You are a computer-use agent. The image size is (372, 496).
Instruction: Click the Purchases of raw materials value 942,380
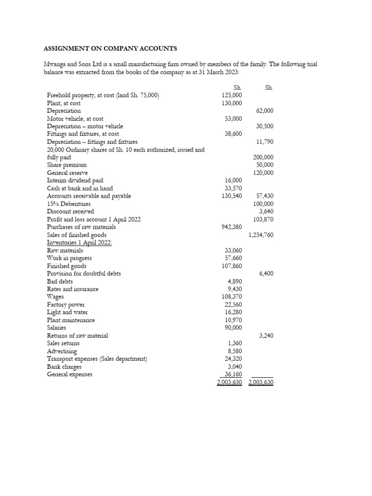(231, 227)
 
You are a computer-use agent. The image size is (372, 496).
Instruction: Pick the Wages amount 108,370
(231, 297)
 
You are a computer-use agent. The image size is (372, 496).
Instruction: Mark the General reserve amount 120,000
(263, 173)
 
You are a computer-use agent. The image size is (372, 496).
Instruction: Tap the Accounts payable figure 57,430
(264, 196)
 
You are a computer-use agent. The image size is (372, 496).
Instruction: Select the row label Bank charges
(64, 367)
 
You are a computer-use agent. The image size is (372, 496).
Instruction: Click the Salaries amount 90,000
(233, 328)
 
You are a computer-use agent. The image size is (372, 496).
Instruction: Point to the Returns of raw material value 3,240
(266, 336)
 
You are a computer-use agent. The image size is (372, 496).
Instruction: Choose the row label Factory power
(66, 305)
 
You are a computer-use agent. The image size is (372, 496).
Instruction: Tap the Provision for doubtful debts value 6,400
(266, 274)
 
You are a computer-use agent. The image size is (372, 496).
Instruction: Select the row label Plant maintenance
(71, 320)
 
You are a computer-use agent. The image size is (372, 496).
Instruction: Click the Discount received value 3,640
(266, 212)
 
